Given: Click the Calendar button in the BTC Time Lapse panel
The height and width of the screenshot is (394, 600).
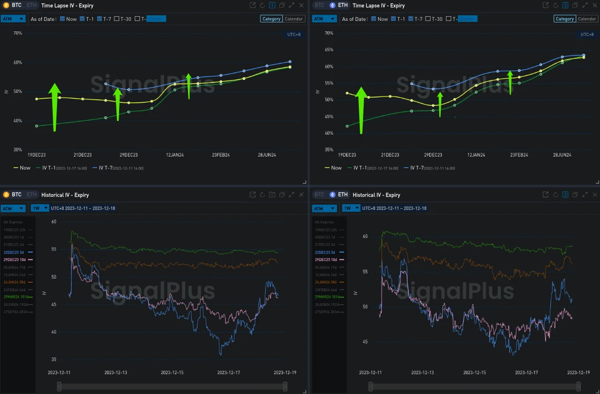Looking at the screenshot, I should [294, 19].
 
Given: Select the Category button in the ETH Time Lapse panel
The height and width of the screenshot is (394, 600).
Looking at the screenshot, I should [564, 19].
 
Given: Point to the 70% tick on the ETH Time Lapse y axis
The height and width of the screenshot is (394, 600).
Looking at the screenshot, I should [329, 33].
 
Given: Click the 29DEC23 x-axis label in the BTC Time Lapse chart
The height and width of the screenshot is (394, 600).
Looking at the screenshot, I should [128, 155].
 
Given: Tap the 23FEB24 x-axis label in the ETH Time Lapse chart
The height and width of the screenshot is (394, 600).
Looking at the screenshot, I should [519, 155].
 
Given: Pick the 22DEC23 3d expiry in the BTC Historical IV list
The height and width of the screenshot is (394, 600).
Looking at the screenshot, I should [18, 252].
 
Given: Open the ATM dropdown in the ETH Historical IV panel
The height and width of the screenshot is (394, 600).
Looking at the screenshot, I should [324, 208].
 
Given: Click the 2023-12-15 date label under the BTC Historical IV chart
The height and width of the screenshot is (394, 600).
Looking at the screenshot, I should [173, 373].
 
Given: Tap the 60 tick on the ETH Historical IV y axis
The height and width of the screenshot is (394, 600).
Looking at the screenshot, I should [365, 236].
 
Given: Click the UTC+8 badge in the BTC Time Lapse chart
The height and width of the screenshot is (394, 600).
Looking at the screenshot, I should [293, 34].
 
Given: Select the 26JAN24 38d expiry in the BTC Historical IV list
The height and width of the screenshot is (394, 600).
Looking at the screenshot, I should [18, 282].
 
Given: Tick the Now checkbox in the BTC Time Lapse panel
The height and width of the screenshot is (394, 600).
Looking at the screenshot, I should [63, 19].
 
